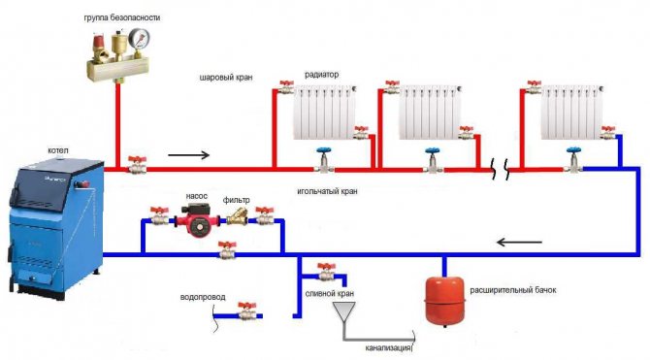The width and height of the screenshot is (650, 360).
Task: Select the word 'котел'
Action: [58, 151]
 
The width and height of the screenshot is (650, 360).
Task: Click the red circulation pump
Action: [192, 221]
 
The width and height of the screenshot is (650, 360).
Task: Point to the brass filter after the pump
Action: [236, 219]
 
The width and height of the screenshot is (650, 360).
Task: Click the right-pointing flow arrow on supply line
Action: [188, 153]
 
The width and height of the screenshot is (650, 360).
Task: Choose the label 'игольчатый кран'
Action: [328, 191]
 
